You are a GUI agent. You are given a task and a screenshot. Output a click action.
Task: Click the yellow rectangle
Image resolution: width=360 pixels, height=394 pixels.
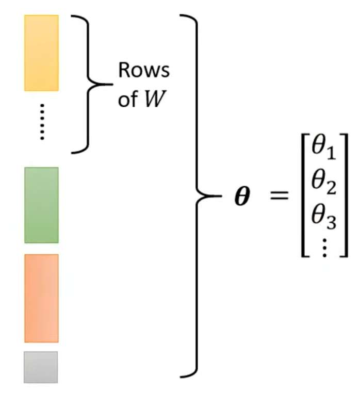pos(41,53)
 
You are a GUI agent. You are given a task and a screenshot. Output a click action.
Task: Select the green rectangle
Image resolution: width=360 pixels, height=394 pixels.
pos(41,205)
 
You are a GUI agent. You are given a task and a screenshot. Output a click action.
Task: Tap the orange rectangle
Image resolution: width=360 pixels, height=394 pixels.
pos(41,298)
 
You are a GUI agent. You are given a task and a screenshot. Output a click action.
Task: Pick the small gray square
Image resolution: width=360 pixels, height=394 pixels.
pos(41,367)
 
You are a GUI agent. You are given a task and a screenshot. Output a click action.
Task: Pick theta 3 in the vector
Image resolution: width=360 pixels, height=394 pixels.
pos(324,217)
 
